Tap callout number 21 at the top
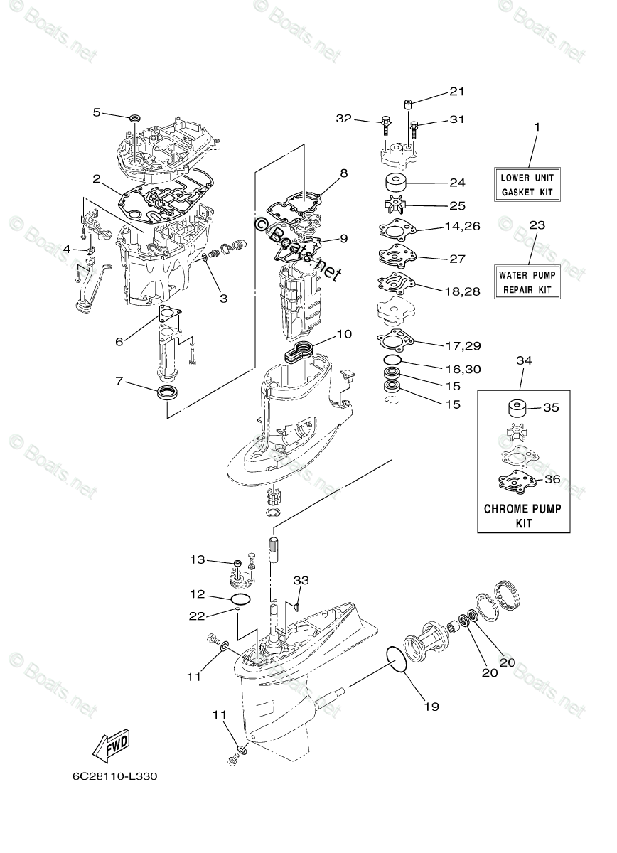(456, 91)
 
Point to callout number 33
(301, 581)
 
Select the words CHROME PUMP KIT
(522, 516)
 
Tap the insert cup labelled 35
(516, 409)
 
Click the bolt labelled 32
(384, 124)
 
